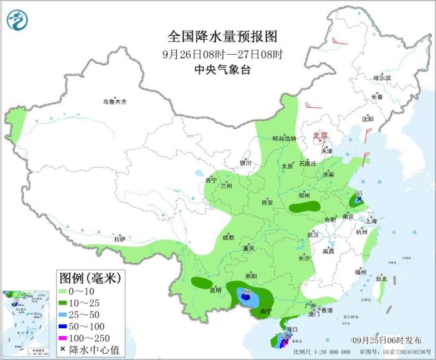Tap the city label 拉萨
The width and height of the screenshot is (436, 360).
tap(120, 239)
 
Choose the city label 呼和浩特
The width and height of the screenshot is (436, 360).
tap(286, 139)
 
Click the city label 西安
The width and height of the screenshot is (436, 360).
tap(267, 202)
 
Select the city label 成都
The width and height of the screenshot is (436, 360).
tap(228, 237)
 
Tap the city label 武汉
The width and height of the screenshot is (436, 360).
tap(313, 235)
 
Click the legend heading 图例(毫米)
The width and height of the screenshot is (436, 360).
tap(90, 277)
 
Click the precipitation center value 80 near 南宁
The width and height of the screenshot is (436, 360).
tap(248, 291)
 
